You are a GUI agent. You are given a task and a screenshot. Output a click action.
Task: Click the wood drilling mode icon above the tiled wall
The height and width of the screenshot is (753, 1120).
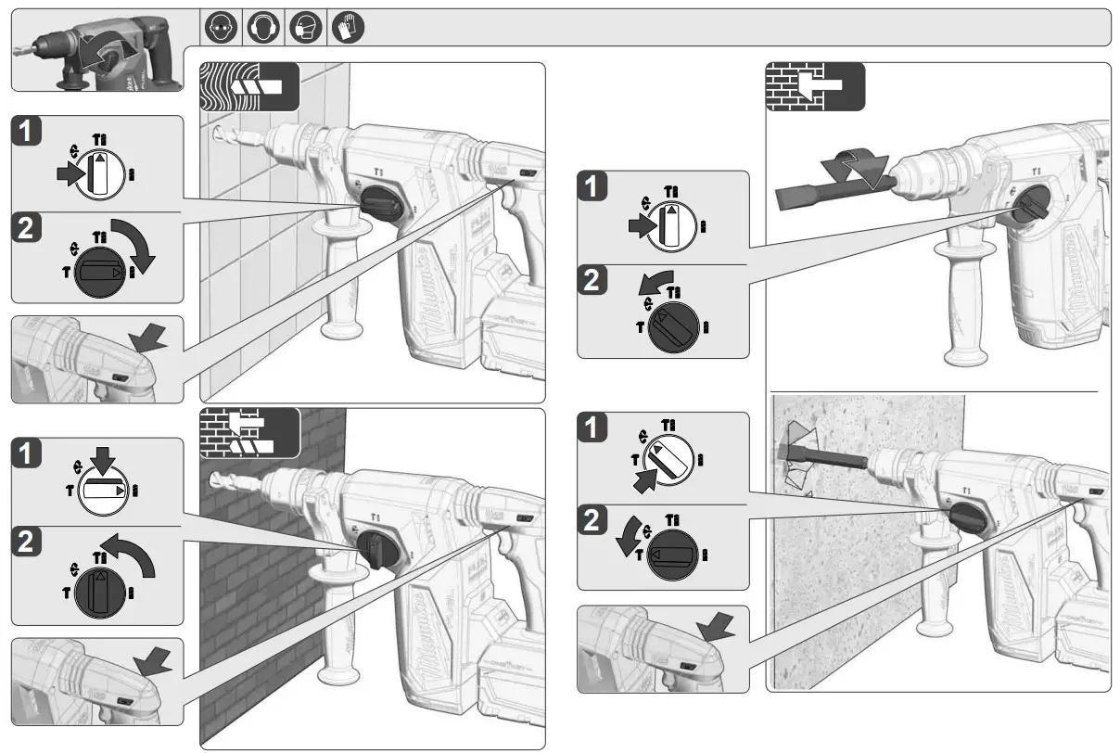click(249, 86)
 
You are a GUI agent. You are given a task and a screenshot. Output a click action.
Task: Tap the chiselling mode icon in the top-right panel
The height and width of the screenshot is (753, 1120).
click(815, 86)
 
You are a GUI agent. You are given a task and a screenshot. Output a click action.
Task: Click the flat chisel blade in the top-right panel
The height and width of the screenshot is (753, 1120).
click(805, 198)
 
